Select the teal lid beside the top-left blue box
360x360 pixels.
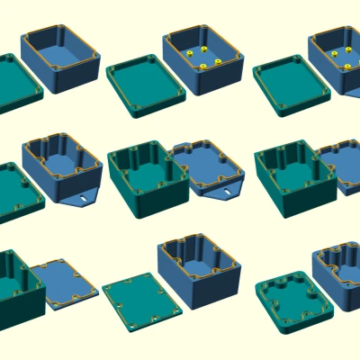coord(16,83)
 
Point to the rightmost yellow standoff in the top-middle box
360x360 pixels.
coord(219,62)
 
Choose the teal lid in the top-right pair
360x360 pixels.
coord(290,86)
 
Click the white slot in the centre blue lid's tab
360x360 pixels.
coord(226,191)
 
